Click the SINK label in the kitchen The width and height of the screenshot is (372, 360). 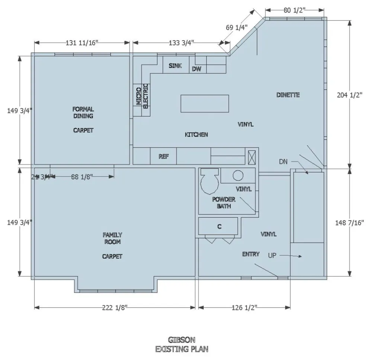coord(175,66)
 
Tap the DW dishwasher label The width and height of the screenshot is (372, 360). coord(196,69)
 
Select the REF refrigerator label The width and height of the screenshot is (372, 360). coord(164,157)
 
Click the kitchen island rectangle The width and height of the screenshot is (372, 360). coord(205,103)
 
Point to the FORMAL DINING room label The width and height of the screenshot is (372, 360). coord(83,112)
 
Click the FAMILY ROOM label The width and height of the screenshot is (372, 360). coord(112,238)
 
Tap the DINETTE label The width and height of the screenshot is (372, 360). coord(288,95)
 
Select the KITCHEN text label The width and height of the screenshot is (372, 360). coord(196,135)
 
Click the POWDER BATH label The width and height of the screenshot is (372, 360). coord(224,203)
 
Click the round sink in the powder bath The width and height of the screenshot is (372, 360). coord(238,175)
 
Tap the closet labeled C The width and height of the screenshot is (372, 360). coord(219,226)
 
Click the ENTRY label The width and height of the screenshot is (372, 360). coord(251,254)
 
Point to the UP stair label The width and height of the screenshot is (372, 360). coord(273,255)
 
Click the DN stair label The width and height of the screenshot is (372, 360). coord(284,161)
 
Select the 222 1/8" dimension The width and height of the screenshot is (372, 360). coord(114,307)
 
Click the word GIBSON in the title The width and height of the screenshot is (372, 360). coord(182,340)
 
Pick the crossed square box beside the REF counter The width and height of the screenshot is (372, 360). coord(251,157)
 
